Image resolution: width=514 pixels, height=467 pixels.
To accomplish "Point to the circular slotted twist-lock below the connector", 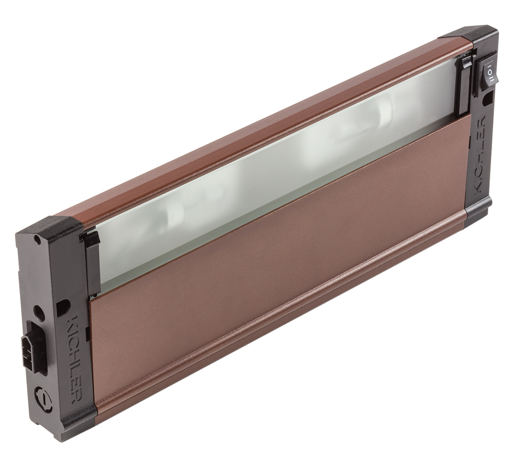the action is (44, 399).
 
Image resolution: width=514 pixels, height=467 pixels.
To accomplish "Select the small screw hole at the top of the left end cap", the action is (38, 240).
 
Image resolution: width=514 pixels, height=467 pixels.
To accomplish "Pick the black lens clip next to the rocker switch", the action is (463, 85).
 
